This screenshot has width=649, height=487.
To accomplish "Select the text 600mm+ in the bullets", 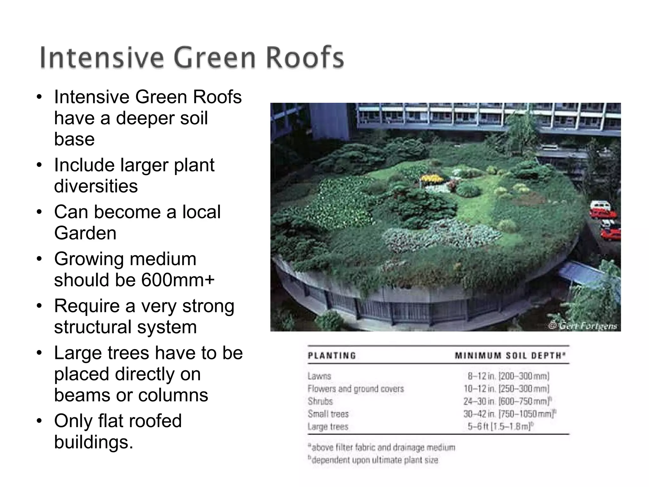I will [x=178, y=280].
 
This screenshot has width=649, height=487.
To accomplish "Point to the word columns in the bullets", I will [x=173, y=395].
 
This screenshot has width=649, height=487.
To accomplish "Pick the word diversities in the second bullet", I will [x=96, y=186].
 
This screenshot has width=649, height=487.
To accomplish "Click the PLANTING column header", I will [x=332, y=356].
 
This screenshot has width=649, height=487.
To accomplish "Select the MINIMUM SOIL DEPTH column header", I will [x=510, y=356].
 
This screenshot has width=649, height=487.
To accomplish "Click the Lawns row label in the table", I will [x=319, y=376].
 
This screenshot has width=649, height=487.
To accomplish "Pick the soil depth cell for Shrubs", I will [x=507, y=401].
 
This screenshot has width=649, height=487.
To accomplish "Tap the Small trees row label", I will [x=328, y=414].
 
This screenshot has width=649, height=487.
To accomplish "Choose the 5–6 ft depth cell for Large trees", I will [x=500, y=427].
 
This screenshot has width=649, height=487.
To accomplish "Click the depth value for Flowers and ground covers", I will [x=506, y=389].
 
